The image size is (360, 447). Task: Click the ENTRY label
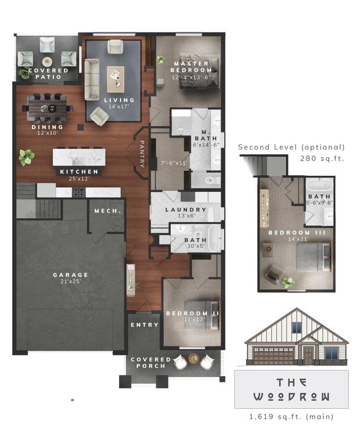pyautogui.click(x=144, y=325)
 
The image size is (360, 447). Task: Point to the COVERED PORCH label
pyautogui.click(x=151, y=363)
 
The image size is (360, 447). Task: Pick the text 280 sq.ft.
pyautogui.click(x=322, y=158)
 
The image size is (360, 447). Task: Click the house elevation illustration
pyautogui.click(x=295, y=338)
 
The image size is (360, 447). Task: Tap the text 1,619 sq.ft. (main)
pyautogui.click(x=291, y=417)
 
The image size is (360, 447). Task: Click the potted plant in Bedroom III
pyautogui.click(x=287, y=282)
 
